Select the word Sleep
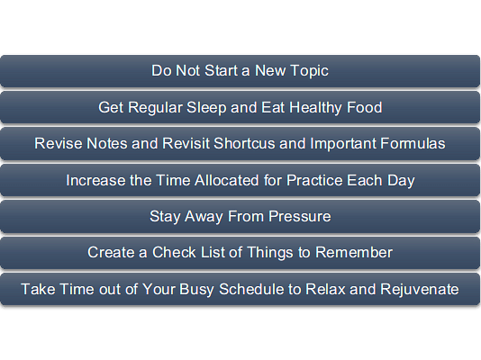pos(206,108)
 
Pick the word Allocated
pos(227,180)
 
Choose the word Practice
pos(314,180)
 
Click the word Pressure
pos(300,216)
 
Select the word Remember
pos(354,253)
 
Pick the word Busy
pos(196,290)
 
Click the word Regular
pos(155,108)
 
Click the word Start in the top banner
pos(221,71)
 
